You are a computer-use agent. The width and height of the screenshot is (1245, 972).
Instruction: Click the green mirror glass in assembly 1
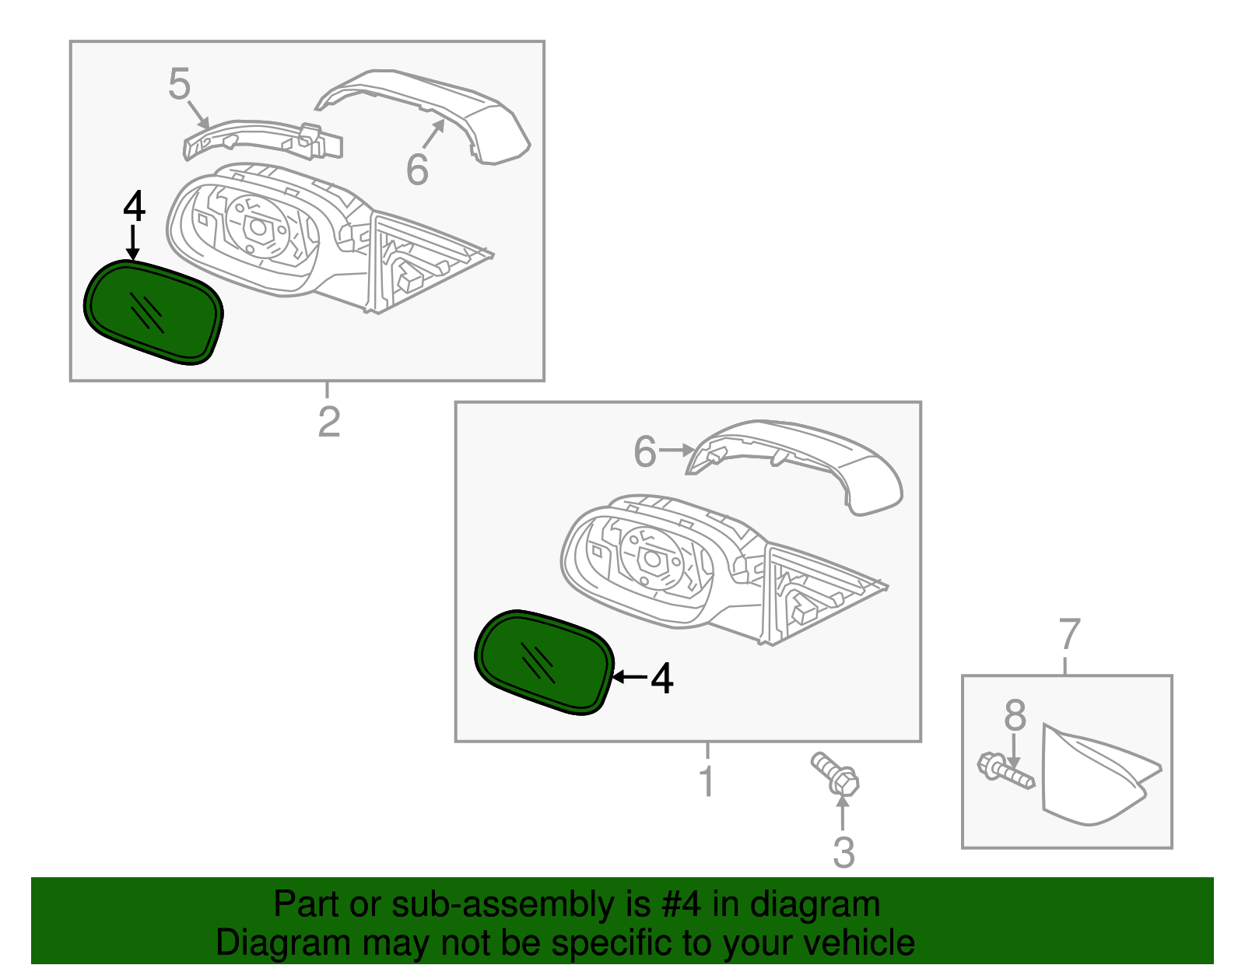point(543,662)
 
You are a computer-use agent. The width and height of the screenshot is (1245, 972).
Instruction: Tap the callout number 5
point(179,84)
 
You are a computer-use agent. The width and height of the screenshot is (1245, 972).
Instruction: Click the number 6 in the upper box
point(417,170)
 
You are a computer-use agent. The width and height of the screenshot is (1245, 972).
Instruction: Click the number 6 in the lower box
point(645,452)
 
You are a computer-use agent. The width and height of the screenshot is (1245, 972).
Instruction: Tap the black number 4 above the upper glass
point(134,207)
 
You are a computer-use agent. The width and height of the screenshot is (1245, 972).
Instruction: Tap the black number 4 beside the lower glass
point(662,679)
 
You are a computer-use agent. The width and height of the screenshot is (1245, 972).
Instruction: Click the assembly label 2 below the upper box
point(329,422)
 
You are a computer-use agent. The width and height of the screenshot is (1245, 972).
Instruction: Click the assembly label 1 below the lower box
point(707,781)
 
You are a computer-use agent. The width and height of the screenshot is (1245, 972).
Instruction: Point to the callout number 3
point(843,853)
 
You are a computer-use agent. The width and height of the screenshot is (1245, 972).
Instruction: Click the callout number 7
point(1070,634)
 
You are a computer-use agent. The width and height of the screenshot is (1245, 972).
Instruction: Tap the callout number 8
point(1015,715)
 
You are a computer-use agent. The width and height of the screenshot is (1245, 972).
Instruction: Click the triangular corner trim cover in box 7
point(1089,778)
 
